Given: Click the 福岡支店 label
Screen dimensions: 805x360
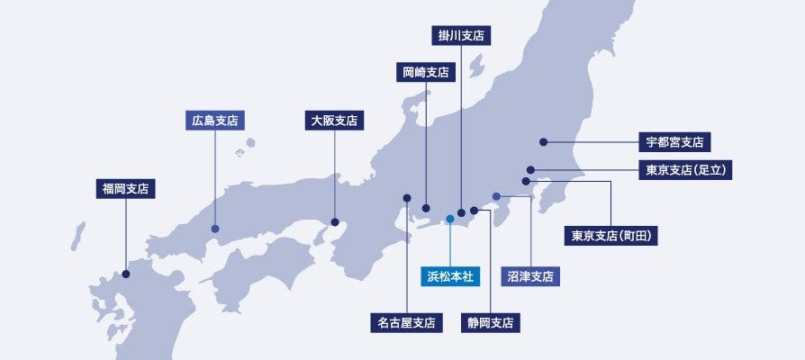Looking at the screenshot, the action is (125, 189).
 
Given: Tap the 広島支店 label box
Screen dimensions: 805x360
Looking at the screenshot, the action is (215, 120).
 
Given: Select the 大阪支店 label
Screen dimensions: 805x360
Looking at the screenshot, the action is (334, 120).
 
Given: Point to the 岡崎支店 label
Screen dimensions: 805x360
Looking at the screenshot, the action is (426, 72).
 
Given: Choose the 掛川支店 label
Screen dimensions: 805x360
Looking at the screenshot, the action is (461, 36).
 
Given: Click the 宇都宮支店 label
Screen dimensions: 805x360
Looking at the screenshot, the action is (675, 142).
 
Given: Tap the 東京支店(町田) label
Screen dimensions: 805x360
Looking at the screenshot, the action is (611, 236).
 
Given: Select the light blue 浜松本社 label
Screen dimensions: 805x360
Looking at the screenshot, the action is (449, 275).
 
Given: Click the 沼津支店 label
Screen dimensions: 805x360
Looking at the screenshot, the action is (530, 275).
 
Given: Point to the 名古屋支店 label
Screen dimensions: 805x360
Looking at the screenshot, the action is (407, 321).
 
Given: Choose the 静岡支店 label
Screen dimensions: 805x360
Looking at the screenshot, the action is (490, 321).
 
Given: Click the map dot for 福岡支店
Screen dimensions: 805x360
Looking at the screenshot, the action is (126, 274).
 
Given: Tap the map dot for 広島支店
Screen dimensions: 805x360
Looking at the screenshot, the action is (215, 229).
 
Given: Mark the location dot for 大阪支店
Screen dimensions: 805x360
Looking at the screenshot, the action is (334, 221).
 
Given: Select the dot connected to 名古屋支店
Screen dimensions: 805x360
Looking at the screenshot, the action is (407, 198).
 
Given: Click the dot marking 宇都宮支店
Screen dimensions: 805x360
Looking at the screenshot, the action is (544, 141).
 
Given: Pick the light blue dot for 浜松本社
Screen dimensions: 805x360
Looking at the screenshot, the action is (449, 219).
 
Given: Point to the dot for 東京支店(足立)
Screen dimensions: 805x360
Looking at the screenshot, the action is (531, 169).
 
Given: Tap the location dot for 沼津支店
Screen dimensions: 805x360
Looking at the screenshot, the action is (496, 196).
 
